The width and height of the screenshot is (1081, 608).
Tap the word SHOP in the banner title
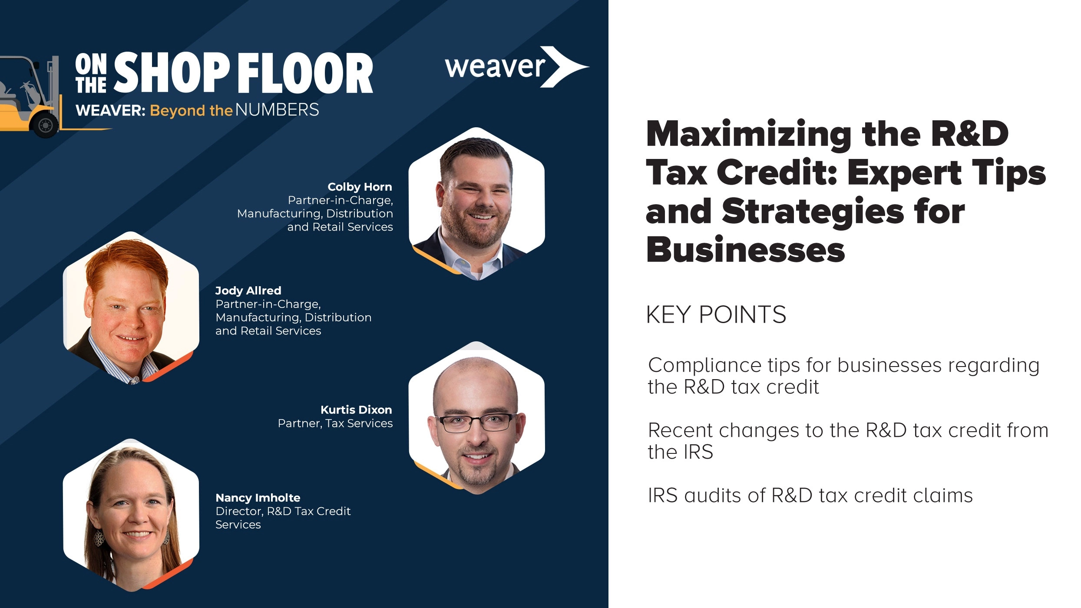pyautogui.click(x=172, y=73)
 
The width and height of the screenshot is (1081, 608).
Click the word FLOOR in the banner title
pyautogui.click(x=305, y=73)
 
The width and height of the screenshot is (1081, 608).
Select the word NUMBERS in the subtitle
pyautogui.click(x=277, y=110)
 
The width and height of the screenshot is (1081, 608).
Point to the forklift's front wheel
pyautogui.click(x=45, y=125)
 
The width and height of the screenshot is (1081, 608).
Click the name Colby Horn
pyautogui.click(x=360, y=187)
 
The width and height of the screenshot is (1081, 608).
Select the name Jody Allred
pyautogui.click(x=248, y=291)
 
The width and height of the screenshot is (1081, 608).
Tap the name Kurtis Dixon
pyautogui.click(x=356, y=410)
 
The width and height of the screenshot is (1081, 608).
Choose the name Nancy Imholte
pyautogui.click(x=258, y=498)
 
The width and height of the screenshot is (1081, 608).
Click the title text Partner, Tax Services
pyautogui.click(x=335, y=423)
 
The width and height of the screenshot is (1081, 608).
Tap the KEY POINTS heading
pyautogui.click(x=716, y=314)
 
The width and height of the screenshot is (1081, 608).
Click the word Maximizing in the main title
pyautogui.click(x=749, y=135)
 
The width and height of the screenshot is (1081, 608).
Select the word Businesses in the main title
pyautogui.click(x=745, y=251)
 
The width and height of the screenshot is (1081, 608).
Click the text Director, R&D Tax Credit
pyautogui.click(x=283, y=511)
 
